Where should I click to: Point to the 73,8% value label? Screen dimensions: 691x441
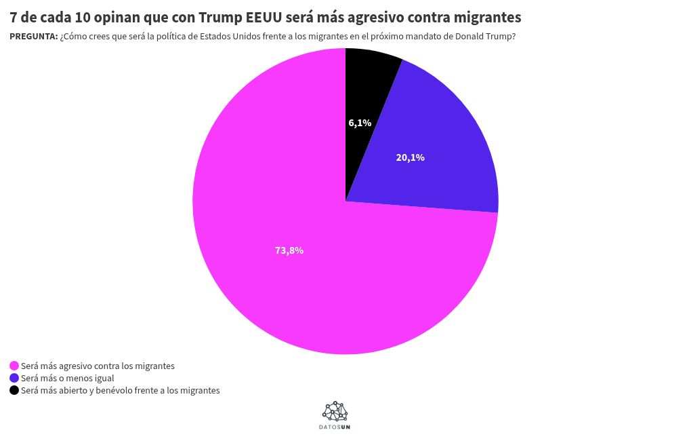289,250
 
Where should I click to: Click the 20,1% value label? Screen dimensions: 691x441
411,157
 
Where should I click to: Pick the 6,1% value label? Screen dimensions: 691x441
360,123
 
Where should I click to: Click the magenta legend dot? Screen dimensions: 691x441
14,366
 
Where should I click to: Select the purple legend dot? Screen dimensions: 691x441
14,379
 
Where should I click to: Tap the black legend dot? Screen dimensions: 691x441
14,390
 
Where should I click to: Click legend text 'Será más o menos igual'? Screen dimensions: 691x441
68,379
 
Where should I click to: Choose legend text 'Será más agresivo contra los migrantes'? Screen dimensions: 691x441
98,366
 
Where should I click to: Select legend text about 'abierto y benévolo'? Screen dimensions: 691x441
121,390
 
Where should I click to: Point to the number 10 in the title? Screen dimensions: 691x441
81,17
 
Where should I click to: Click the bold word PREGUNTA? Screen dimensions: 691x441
33,36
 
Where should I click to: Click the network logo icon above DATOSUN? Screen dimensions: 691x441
335,411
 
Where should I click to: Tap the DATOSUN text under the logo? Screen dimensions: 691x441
335,427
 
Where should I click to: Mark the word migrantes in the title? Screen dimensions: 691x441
487,18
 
